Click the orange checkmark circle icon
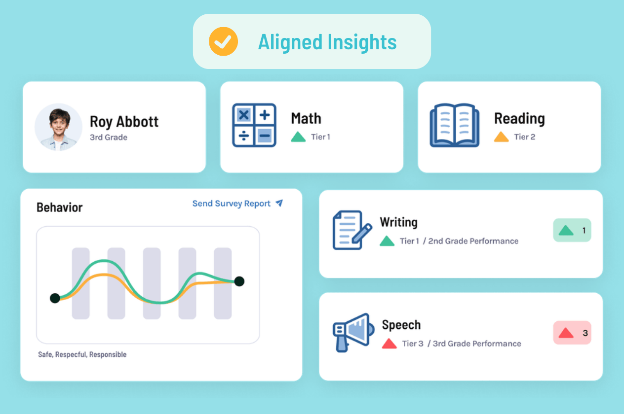click(223, 42)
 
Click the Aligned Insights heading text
click(327, 42)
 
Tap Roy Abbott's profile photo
click(58, 127)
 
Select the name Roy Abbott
click(124, 121)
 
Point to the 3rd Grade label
click(108, 138)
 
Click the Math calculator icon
click(254, 125)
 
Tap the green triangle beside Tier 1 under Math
click(298, 137)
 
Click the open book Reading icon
click(454, 125)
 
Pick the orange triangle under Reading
click(501, 137)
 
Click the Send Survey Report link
click(231, 204)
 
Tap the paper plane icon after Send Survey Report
click(279, 203)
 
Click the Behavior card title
click(59, 207)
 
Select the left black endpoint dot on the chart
click(55, 298)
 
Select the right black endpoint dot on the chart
click(239, 281)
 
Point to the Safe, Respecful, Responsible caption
click(82, 354)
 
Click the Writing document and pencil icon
click(352, 230)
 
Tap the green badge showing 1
click(572, 230)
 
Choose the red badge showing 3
click(572, 333)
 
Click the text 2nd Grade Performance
click(473, 241)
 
